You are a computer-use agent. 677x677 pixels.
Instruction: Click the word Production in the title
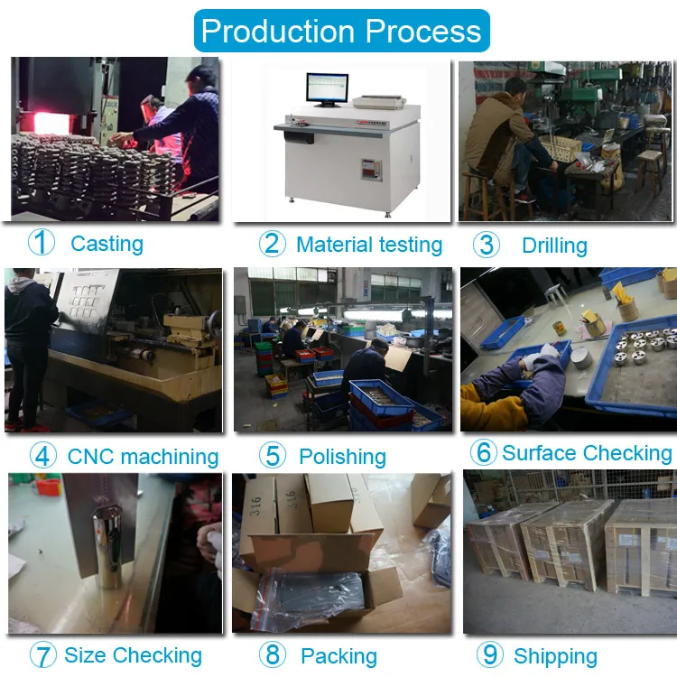point(278,31)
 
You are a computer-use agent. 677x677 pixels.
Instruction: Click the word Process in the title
point(423,31)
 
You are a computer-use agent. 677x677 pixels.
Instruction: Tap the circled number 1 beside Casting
point(41,242)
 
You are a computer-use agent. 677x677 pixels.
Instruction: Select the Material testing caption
point(369,245)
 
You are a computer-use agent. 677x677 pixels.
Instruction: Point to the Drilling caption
point(554,246)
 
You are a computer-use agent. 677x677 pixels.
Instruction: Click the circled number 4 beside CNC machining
point(42,455)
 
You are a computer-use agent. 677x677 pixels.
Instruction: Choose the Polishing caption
point(342,457)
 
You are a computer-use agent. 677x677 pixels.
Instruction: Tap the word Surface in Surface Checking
point(538,453)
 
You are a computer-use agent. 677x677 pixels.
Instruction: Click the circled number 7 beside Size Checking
point(42,654)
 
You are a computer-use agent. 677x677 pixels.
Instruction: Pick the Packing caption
point(338,656)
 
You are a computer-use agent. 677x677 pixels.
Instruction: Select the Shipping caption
point(555,656)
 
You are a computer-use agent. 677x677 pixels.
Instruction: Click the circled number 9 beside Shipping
point(489,654)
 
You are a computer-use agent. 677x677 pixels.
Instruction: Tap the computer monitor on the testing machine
point(327,89)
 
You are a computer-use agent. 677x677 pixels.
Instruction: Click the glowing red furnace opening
point(51,123)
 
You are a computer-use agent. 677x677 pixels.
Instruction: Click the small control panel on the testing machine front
point(371,170)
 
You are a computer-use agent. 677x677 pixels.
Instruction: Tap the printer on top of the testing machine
point(379,102)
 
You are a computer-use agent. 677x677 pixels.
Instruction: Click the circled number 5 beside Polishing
point(272,455)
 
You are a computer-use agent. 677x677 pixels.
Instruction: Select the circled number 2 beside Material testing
point(272,244)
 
